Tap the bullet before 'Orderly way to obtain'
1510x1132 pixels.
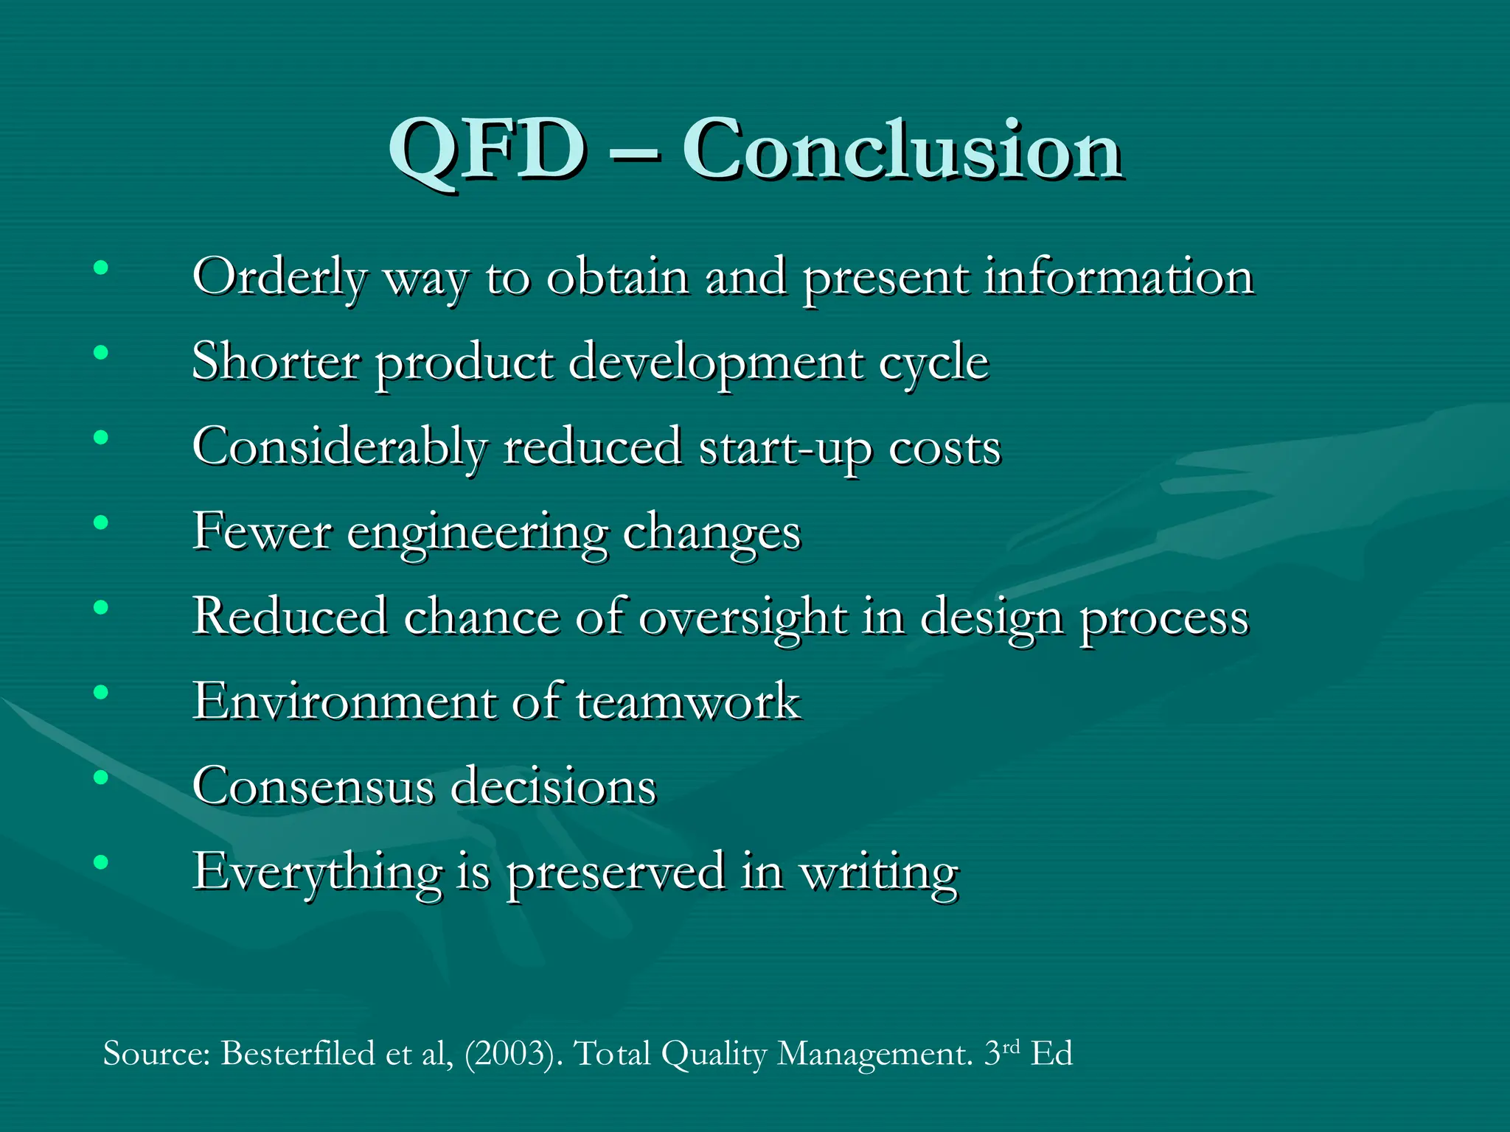(x=101, y=268)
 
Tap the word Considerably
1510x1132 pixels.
(x=339, y=449)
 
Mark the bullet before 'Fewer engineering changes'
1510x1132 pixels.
(x=101, y=523)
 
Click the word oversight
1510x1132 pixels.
(x=742, y=618)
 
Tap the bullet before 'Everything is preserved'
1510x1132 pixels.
(x=101, y=862)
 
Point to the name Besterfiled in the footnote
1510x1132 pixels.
(x=298, y=1053)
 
